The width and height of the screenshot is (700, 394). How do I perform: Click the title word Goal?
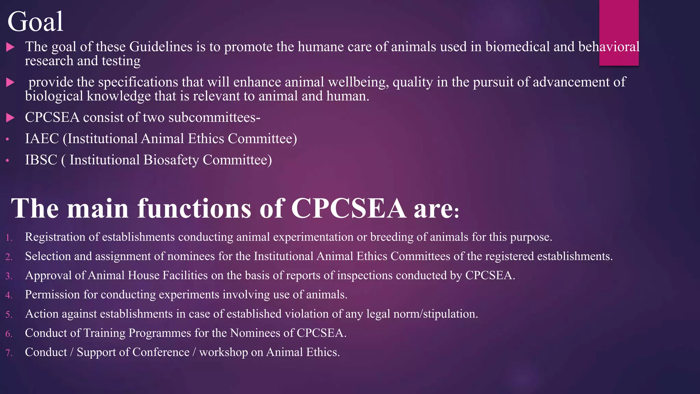pyautogui.click(x=35, y=22)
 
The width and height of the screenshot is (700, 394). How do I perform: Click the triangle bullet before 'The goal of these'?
pyautogui.click(x=10, y=47)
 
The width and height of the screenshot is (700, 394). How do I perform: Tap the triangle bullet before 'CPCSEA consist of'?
pyautogui.click(x=10, y=118)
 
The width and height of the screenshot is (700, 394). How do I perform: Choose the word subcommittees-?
pyautogui.click(x=214, y=118)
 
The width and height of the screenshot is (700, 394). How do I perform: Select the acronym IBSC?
pyautogui.click(x=41, y=160)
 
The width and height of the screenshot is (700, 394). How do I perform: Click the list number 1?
pyautogui.click(x=9, y=238)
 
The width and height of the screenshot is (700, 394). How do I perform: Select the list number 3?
pyautogui.click(x=9, y=276)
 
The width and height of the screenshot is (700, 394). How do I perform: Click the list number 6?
pyautogui.click(x=9, y=333)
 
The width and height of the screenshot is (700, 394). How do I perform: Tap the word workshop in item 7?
pyautogui.click(x=224, y=352)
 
